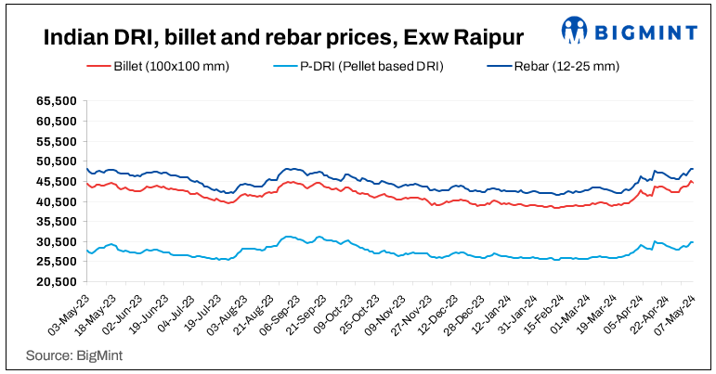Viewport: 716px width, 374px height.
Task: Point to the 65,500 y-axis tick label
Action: point(56,100)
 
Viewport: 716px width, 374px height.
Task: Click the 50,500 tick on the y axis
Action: point(56,161)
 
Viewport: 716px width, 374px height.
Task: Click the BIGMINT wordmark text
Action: point(645,32)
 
